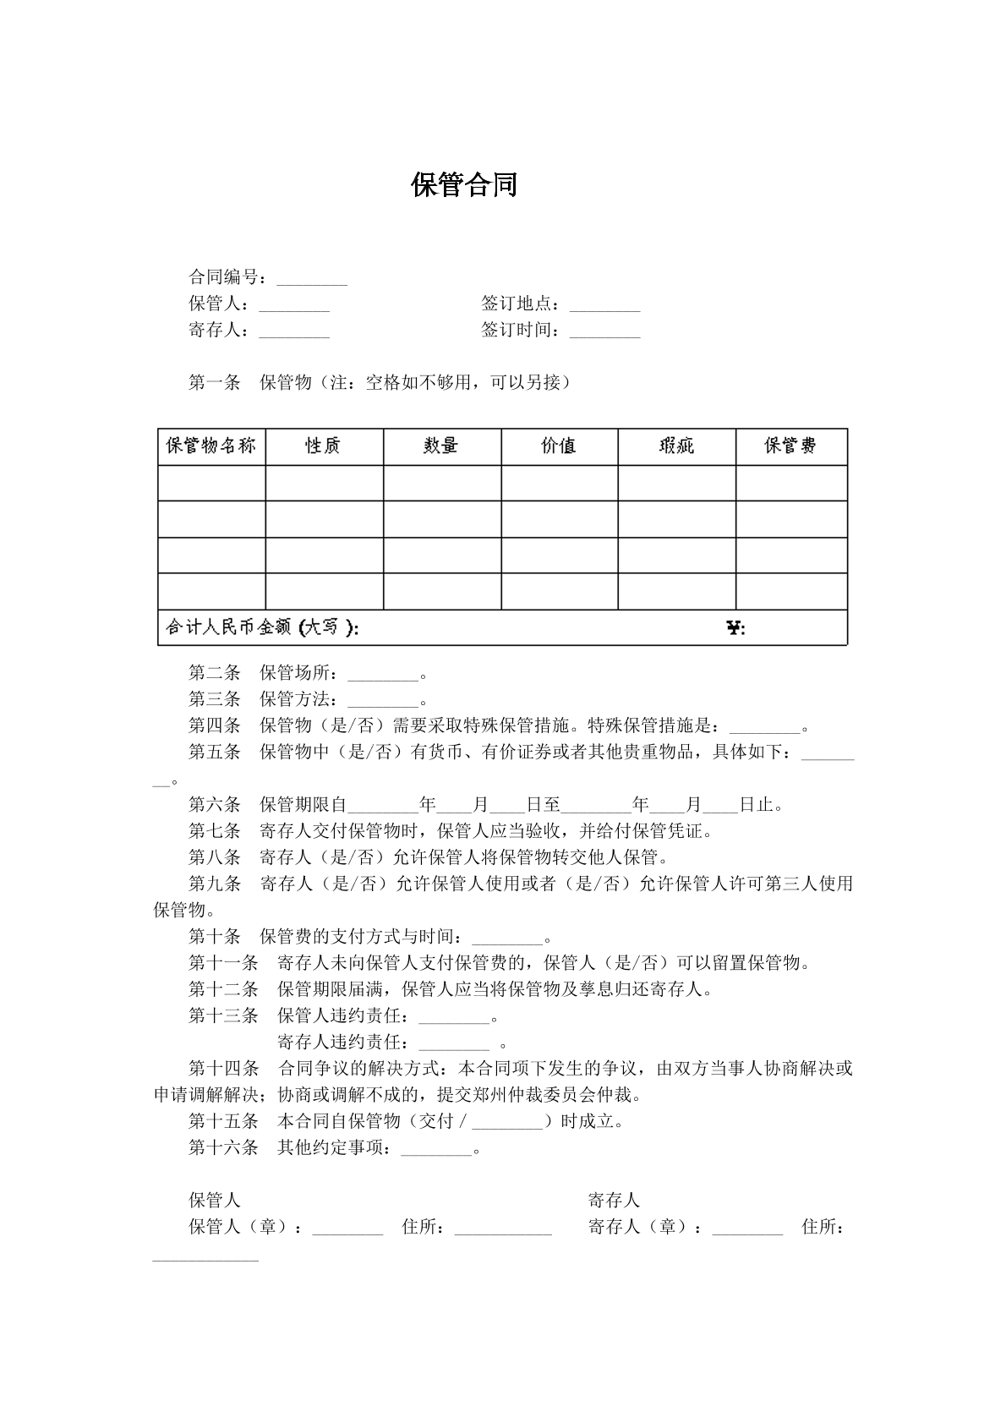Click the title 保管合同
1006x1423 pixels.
pyautogui.click(x=464, y=185)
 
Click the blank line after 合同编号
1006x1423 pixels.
pyautogui.click(x=312, y=279)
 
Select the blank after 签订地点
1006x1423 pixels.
pyautogui.click(x=605, y=305)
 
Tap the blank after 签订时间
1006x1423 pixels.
pyautogui.click(x=605, y=331)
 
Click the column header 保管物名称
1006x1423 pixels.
pyautogui.click(x=211, y=446)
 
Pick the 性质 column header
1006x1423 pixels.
pyautogui.click(x=323, y=446)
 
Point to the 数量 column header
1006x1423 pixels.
pyautogui.click(x=441, y=446)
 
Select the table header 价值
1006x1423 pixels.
pyautogui.click(x=559, y=446)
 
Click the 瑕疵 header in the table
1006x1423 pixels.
pyautogui.click(x=676, y=446)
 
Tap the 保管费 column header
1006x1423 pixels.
pyautogui.click(x=790, y=446)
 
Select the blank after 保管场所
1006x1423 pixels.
pyautogui.click(x=383, y=675)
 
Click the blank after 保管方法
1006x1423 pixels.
pyautogui.click(x=383, y=701)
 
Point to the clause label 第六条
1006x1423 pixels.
pyautogui.click(x=214, y=805)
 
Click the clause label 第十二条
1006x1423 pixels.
pyautogui.click(x=223, y=989)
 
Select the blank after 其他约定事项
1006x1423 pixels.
pyautogui.click(x=436, y=1148)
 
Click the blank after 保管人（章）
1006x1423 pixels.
pyautogui.click(x=347, y=1228)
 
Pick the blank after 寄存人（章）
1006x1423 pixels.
pyautogui.click(x=747, y=1228)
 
